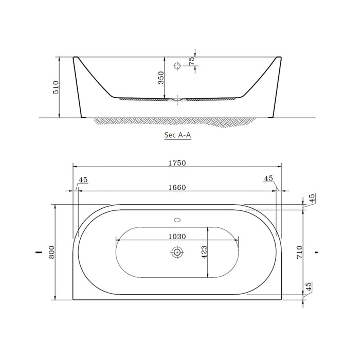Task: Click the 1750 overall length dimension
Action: point(177,163)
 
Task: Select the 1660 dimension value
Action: point(177,188)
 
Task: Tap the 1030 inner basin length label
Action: point(177,237)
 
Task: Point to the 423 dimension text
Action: point(204,252)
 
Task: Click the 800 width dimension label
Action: point(51,252)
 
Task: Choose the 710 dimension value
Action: point(299,252)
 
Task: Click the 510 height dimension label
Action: point(56,87)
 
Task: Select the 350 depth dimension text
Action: point(161,78)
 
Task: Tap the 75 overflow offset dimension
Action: point(191,61)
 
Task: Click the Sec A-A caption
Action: point(178,135)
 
